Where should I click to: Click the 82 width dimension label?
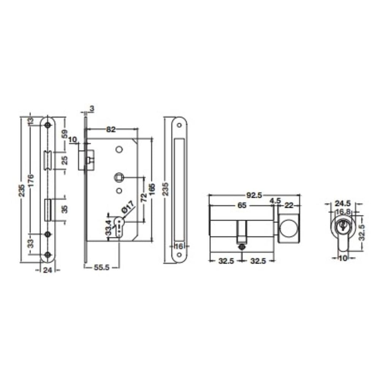coord(111,130)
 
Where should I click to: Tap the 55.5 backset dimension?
coord(102,268)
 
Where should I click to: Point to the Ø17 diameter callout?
coord(128,207)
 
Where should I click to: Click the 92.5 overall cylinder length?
coord(254,195)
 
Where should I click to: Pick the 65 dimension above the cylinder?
coord(242,205)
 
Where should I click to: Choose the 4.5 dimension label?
coord(275,201)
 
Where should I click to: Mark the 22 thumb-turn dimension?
coord(289,206)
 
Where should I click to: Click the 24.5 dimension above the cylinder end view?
coord(343,203)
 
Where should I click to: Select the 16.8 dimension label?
coord(343,212)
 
